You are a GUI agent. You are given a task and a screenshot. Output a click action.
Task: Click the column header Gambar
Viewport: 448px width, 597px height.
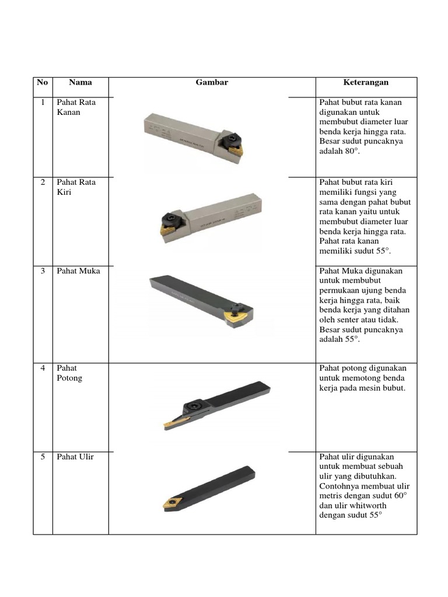(212, 83)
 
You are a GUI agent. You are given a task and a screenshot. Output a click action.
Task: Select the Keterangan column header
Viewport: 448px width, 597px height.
(366, 83)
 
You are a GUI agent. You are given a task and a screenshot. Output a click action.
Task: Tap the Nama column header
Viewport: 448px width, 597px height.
(80, 83)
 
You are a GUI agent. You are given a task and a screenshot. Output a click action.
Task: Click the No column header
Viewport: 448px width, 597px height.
(43, 83)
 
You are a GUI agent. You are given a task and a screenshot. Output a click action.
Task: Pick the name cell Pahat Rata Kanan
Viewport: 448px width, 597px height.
(76, 107)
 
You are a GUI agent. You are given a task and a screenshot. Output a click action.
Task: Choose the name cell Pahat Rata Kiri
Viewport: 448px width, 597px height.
(76, 187)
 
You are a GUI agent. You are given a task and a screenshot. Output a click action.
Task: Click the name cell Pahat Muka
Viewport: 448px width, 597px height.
(78, 271)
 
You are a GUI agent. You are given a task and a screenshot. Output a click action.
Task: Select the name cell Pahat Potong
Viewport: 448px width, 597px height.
(69, 373)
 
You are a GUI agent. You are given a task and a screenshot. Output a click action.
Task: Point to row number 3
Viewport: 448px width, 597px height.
(43, 271)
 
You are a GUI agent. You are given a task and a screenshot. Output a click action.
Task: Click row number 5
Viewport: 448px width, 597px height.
(43, 457)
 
